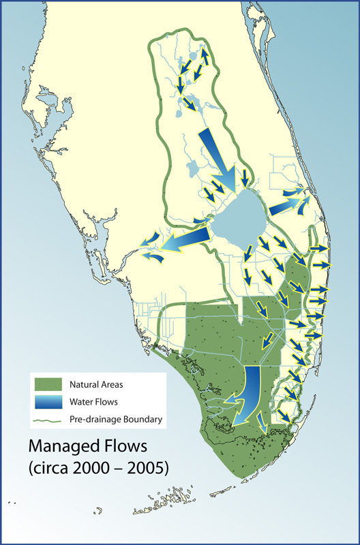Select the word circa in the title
[52, 469]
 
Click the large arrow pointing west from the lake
[182, 240]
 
